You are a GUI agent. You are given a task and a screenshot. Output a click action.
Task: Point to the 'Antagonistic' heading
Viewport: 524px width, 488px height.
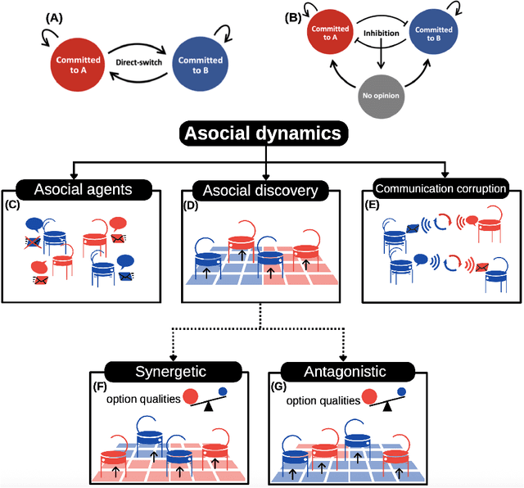tap(345, 372)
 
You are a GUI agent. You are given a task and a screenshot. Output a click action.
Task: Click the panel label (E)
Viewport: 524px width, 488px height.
tap(373, 205)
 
